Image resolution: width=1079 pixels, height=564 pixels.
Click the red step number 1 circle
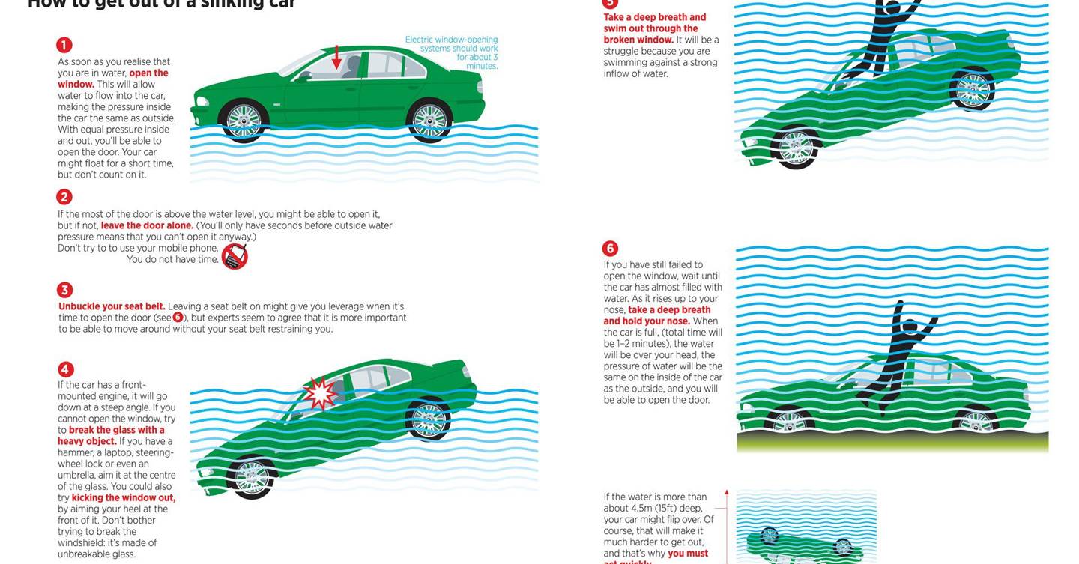coord(64,45)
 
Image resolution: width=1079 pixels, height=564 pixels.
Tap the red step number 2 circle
coord(64,197)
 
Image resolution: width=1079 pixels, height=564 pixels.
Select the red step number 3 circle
coord(64,290)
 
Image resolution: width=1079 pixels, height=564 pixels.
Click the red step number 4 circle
coord(66,369)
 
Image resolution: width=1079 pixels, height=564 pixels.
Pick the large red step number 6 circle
coord(610,249)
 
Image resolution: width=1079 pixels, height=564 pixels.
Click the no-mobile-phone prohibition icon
coord(235,256)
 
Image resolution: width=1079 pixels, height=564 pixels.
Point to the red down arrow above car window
coord(336,57)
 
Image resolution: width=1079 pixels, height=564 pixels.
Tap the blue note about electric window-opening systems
coord(452,52)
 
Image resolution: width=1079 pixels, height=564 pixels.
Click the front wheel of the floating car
coord(243,120)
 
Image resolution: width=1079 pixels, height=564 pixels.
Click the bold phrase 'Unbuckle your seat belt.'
coord(112,306)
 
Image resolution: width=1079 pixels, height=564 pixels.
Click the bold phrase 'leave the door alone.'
coord(147,225)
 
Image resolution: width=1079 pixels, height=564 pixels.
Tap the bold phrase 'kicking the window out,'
coord(124,497)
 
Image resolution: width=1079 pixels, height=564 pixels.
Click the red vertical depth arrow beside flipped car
coord(726,524)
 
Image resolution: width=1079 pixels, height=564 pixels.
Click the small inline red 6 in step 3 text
coord(178,318)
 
